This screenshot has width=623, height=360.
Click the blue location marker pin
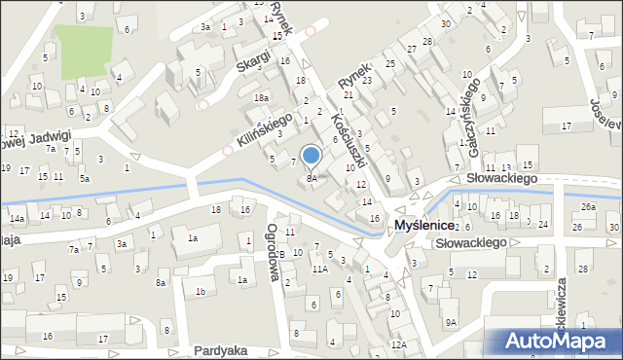pyautogui.click(x=311, y=156)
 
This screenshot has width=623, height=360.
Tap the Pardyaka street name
pyautogui.click(x=219, y=349)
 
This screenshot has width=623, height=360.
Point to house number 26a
pyautogui.click(x=588, y=207)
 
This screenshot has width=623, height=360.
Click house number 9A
pyautogui.click(x=451, y=322)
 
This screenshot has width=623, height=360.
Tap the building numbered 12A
pyautogui.click(x=398, y=344)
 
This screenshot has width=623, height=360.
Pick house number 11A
pyautogui.click(x=318, y=269)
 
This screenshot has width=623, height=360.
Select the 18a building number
pyautogui.click(x=261, y=98)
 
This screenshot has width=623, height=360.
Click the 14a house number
pyautogui.click(x=17, y=220)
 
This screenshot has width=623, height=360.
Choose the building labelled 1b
pyautogui.click(x=201, y=291)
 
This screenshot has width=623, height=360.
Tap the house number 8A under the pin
pyautogui.click(x=311, y=178)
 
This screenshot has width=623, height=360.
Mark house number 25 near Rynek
pyautogui.click(x=389, y=63)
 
